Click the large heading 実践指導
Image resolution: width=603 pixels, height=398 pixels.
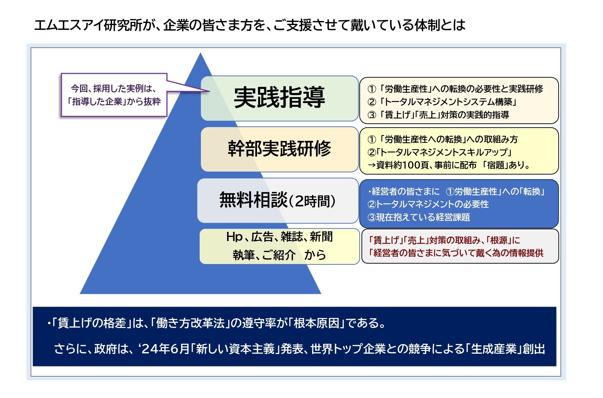[279, 98]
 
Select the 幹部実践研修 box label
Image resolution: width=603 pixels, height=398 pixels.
[279, 149]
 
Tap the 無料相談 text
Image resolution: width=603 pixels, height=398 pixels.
[253, 200]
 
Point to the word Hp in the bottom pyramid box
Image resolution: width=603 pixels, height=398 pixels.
[235, 237]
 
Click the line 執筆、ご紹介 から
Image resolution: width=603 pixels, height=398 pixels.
[279, 255]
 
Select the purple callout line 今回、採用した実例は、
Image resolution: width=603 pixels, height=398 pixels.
[113, 89]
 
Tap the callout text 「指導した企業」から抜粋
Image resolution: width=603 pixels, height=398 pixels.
[114, 102]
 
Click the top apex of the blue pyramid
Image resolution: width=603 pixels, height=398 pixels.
[201, 53]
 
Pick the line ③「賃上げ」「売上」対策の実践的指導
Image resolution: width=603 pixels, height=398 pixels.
[438, 115]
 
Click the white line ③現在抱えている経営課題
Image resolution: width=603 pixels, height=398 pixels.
[418, 217]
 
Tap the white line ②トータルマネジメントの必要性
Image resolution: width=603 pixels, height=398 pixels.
[428, 204]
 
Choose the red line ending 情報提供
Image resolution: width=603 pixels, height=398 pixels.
[456, 253]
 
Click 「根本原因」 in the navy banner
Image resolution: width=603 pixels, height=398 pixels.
[316, 323]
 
